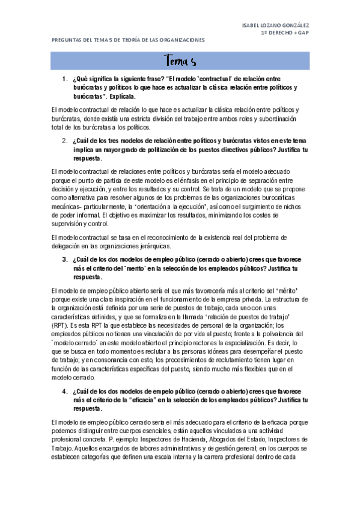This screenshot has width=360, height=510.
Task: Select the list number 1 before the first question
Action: point(64,79)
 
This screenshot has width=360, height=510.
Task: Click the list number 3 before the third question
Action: point(64,260)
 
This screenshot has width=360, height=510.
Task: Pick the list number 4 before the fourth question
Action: point(64,391)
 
